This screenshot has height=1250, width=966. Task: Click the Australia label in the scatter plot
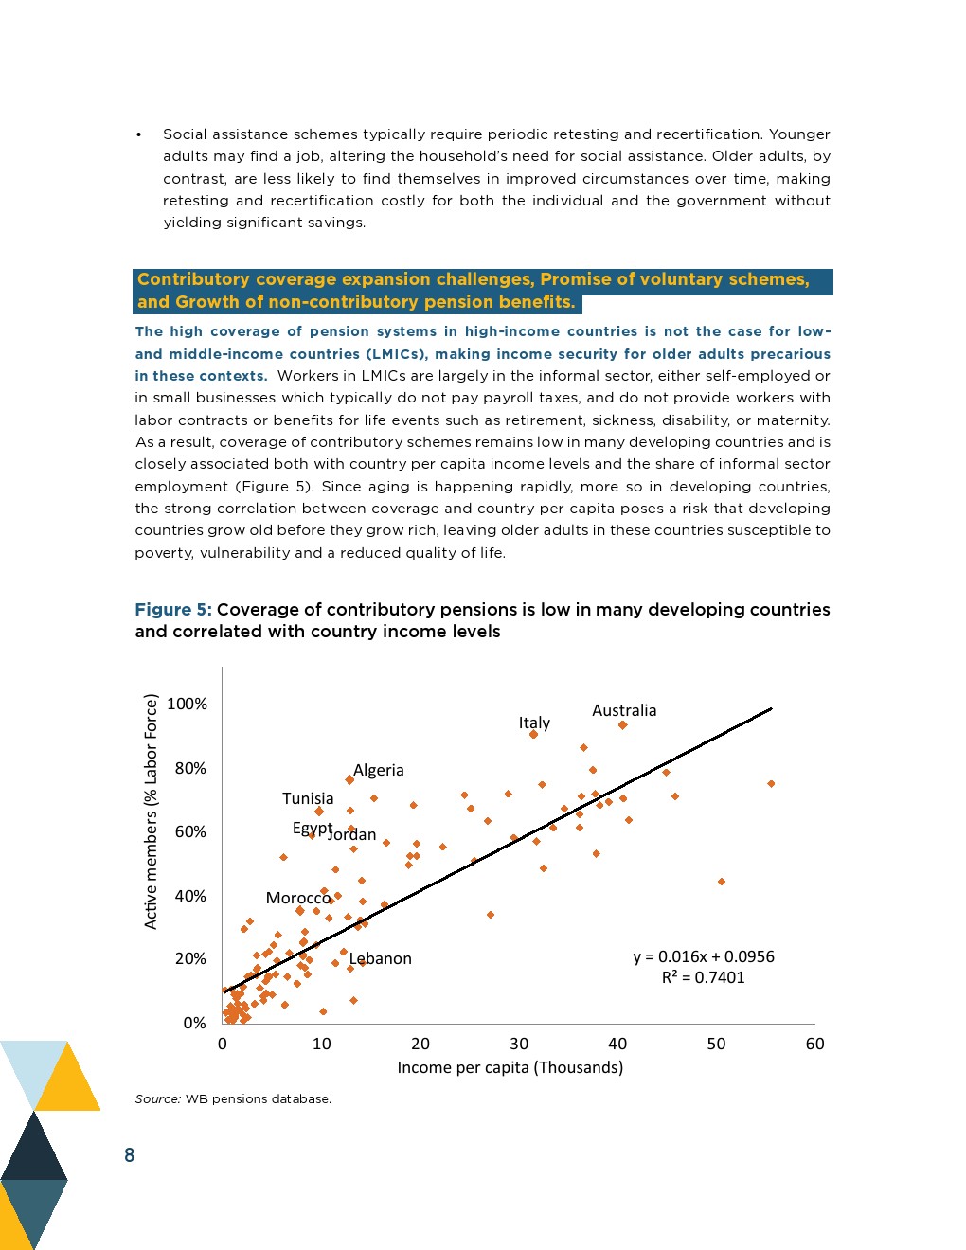coord(623,710)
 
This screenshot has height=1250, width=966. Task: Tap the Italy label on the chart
coord(534,723)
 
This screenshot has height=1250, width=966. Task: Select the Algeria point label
coord(378,770)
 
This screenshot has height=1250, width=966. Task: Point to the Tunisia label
coord(308,798)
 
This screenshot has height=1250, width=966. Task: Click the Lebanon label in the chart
coord(381,958)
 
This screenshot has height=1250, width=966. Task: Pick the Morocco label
coord(297,898)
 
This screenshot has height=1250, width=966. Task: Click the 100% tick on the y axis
coord(187,704)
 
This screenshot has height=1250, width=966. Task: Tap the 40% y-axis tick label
coord(189,896)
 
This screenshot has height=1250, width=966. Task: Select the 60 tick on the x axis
coord(814,1044)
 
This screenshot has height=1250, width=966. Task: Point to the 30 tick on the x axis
coord(519,1044)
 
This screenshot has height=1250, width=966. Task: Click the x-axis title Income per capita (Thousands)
coord(510,1067)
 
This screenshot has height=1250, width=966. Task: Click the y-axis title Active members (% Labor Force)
coord(151,812)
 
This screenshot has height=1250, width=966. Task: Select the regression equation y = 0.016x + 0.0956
coord(704,956)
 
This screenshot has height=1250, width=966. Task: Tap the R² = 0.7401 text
coord(703,977)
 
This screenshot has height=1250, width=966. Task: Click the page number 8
coord(130,1154)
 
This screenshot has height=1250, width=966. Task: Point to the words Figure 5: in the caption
coord(173,609)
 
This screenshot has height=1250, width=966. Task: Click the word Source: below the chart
coord(157,1098)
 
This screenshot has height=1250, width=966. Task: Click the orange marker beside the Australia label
coord(622,725)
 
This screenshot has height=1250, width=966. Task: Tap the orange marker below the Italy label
coord(533,735)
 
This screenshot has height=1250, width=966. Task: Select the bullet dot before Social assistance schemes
coord(139,134)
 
